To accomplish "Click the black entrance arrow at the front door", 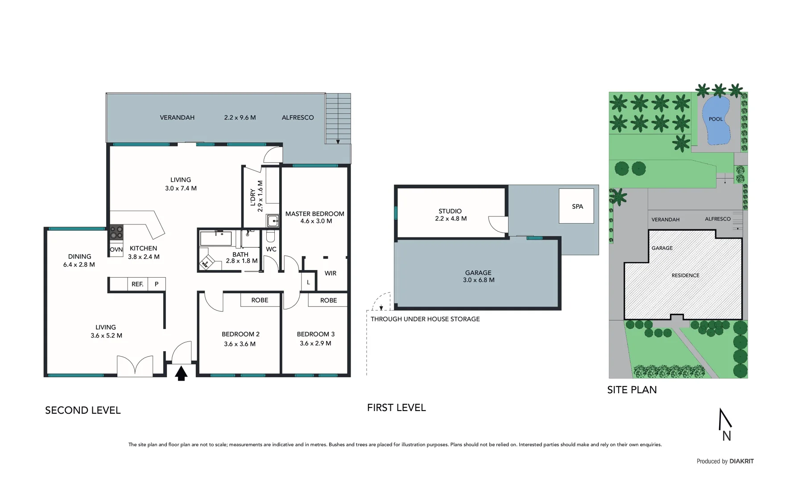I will point(180,373).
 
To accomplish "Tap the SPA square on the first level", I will point(576,206).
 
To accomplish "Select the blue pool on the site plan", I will point(716,121).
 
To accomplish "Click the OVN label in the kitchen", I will point(116,250).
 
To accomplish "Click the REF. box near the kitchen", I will point(137,284).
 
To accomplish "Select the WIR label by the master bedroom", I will point(330,273).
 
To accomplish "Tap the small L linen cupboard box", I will point(308,283).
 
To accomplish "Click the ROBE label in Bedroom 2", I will point(260,300).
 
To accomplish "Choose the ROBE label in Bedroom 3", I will point(328,300).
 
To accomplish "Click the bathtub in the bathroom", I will point(216,238).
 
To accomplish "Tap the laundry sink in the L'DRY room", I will point(272,221).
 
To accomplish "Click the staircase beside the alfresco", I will point(338,118).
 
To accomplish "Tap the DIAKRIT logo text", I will point(741,461).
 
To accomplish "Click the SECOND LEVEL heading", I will point(83,410).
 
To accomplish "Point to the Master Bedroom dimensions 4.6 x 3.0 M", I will point(316,221).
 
